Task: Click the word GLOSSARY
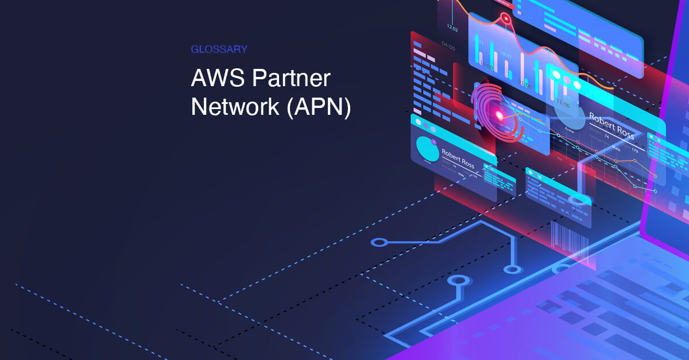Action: tap(219, 49)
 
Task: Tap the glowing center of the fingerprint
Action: tap(499, 115)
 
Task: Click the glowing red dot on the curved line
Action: tap(506, 20)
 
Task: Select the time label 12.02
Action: tap(452, 28)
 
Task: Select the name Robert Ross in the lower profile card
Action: tap(458, 159)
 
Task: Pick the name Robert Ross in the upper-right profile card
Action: tap(611, 123)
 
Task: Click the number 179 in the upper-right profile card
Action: tap(634, 150)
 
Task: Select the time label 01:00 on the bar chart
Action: tap(524, 84)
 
